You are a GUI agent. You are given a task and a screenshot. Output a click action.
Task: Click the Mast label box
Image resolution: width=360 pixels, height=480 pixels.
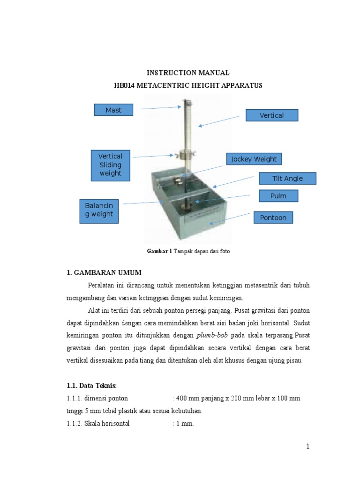[x=113, y=110]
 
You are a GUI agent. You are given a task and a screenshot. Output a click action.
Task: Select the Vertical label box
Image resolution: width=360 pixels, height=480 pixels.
[x=272, y=115]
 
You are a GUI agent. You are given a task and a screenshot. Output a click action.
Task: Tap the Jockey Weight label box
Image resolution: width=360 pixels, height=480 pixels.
[x=254, y=159]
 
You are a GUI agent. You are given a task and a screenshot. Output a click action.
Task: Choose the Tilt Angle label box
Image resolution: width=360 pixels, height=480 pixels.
[x=287, y=178]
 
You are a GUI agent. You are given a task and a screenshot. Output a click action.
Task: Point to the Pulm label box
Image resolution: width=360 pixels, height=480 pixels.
[x=278, y=196]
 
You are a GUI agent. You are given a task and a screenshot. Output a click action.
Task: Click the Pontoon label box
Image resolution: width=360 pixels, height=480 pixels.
[x=273, y=217]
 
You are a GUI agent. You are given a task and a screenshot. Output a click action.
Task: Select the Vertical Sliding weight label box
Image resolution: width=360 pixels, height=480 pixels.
[x=110, y=165]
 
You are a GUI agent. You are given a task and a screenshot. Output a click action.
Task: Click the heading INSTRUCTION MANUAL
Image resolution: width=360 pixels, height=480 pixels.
[x=188, y=73]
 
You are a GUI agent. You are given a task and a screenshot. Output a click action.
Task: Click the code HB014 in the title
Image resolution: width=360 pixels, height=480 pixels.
[x=125, y=85]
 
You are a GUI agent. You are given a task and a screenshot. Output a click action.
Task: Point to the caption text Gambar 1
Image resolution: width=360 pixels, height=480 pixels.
[x=160, y=252]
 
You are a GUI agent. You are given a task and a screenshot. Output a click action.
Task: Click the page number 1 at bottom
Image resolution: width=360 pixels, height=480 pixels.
[x=308, y=446]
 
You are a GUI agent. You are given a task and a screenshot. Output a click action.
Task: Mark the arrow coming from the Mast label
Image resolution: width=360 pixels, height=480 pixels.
[x=160, y=108]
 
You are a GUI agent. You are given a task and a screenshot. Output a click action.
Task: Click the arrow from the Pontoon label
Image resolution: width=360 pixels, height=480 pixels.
[x=230, y=218]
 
